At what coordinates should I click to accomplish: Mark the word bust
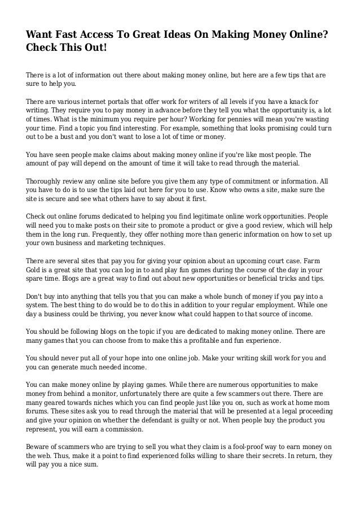(59, 137)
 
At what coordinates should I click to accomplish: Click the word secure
(60, 199)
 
